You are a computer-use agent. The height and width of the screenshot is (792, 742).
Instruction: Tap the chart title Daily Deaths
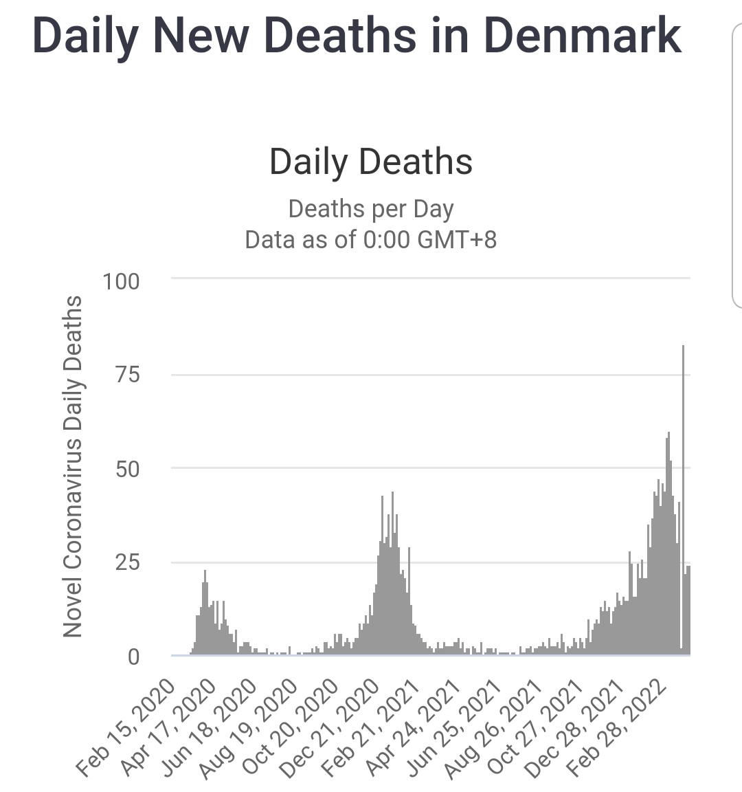click(x=371, y=162)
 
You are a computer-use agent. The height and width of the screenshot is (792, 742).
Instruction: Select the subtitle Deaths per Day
click(x=371, y=209)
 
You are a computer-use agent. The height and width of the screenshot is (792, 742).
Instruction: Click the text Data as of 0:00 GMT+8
click(x=371, y=239)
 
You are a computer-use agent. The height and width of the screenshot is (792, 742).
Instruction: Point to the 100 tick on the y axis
click(x=120, y=281)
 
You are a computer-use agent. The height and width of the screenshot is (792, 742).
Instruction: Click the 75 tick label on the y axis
click(x=126, y=375)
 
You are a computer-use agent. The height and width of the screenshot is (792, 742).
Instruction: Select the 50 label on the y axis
click(x=126, y=469)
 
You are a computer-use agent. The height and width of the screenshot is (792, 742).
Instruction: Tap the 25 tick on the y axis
click(x=126, y=562)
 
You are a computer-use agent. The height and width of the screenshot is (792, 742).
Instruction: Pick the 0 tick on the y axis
click(x=133, y=657)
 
